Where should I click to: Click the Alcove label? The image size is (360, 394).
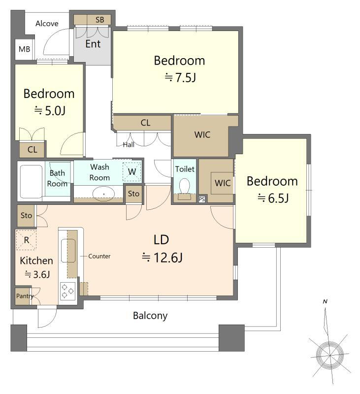pos(47,23)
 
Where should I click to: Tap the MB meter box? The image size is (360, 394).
pos(24,49)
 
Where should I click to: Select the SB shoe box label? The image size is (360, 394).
pos(100,20)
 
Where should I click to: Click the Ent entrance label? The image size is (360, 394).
pos(93,44)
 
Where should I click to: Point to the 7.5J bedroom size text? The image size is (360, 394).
pos(180,77)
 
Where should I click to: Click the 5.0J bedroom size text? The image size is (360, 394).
pos(50,110)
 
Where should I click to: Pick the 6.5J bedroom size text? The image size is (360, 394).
pos(273,198)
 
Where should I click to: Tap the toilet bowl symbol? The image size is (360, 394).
pos(185,186)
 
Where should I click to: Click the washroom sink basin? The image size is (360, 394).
pos(103,194)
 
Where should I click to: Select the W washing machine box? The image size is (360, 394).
pos(132,172)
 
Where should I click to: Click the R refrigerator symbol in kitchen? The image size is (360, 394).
pos(27,240)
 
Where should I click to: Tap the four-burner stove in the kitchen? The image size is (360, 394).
pos(67,291)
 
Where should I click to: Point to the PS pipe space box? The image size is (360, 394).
pos(202,199)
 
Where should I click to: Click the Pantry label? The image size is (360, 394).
pos(25,296)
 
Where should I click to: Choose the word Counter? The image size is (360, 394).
pos(99,256)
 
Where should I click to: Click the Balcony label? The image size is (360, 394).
pos(150,316)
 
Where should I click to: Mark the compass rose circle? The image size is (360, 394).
pos(329,356)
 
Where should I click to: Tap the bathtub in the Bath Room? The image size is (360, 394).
pos(31,182)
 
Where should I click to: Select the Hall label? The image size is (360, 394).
pos(129,144)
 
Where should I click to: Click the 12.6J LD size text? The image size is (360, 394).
pos(162,258)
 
